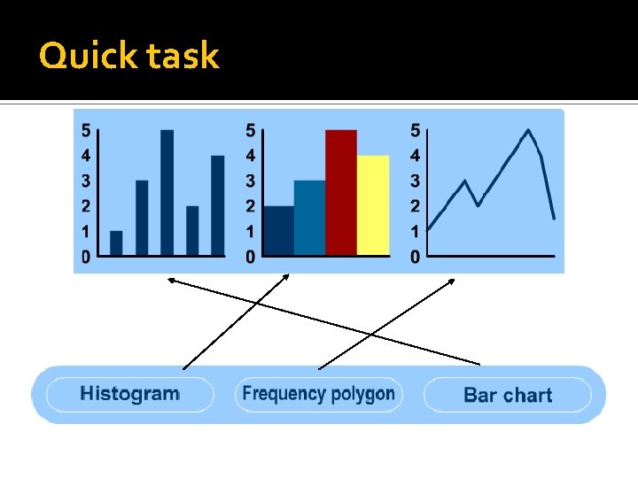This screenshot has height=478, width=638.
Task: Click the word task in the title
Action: tap(183, 57)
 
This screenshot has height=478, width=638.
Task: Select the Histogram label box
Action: tap(129, 394)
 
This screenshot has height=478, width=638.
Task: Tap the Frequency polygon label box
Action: tap(318, 394)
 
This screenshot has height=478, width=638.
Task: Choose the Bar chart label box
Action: tap(507, 395)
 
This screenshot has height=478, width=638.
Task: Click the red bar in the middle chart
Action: tap(341, 193)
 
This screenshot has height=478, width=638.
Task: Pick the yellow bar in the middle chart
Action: tap(373, 205)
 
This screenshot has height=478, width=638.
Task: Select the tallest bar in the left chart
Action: tap(167, 193)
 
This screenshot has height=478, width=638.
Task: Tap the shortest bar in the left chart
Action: tap(116, 243)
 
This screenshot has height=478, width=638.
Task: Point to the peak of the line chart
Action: tap(528, 131)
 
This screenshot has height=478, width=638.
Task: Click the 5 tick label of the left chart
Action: tap(86, 131)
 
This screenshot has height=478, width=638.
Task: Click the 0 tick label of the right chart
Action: tap(416, 258)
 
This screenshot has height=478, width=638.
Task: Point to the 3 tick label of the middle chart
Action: tap(251, 181)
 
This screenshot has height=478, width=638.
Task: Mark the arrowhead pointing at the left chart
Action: tap(170, 281)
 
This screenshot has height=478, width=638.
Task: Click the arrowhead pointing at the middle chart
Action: tap(286, 278)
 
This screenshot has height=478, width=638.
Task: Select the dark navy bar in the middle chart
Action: tap(278, 231)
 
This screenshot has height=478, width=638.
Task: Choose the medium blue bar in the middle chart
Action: tap(309, 219)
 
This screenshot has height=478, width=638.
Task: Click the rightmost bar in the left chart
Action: tap(217, 206)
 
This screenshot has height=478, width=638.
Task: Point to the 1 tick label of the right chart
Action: tap(416, 232)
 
